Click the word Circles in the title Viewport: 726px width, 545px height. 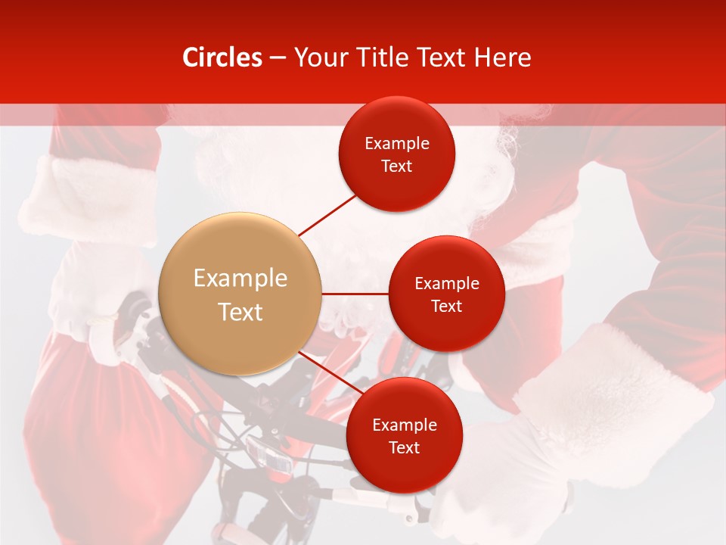[x=222, y=58]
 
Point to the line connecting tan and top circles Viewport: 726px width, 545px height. [x=327, y=214]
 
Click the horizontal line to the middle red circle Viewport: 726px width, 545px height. [x=355, y=294]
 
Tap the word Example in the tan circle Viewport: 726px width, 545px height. [x=240, y=278]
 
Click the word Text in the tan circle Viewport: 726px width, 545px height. [x=240, y=312]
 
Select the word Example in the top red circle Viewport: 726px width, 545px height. [x=397, y=144]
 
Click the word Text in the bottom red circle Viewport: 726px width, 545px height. [x=404, y=448]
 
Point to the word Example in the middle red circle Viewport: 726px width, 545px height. [x=447, y=284]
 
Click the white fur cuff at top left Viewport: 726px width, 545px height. [x=91, y=197]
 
